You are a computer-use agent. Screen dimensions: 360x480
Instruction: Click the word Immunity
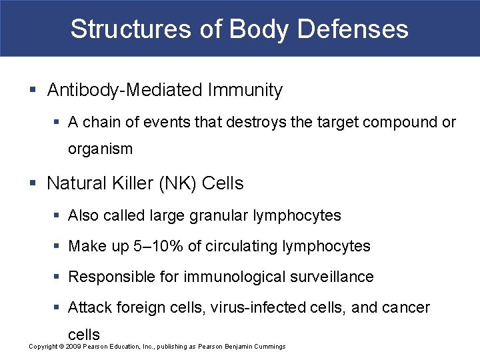[247, 91]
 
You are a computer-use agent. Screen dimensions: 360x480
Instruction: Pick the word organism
[100, 149]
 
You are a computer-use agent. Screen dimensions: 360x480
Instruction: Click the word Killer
[127, 183]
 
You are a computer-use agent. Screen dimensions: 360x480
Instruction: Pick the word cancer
[406, 307]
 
